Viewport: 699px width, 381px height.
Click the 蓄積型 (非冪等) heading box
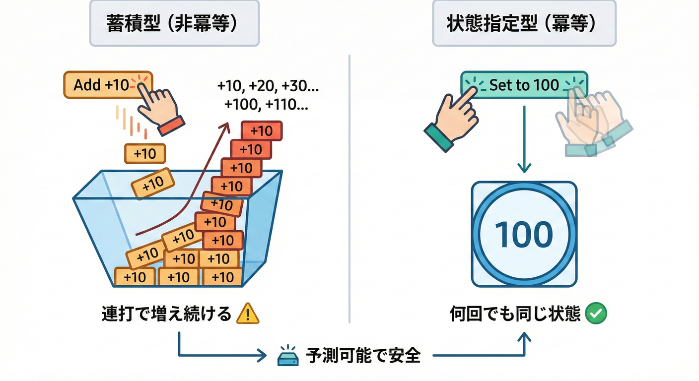pyautogui.click(x=174, y=23)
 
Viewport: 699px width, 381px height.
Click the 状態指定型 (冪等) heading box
pyautogui.click(x=524, y=23)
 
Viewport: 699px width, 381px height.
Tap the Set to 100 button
pyautogui.click(x=524, y=85)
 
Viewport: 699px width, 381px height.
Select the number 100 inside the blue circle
pyautogui.click(x=524, y=234)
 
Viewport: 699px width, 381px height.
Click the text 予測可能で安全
pyautogui.click(x=363, y=355)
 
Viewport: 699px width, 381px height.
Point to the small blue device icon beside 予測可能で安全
pyautogui.click(x=288, y=357)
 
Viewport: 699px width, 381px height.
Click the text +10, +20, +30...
pyautogui.click(x=268, y=86)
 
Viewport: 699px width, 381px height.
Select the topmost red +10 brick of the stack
pyautogui.click(x=262, y=131)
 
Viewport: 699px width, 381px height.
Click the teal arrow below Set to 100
pyautogui.click(x=524, y=139)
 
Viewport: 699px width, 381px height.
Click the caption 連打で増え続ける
pyautogui.click(x=167, y=314)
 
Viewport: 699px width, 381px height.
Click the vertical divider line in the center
pyautogui.click(x=349, y=189)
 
